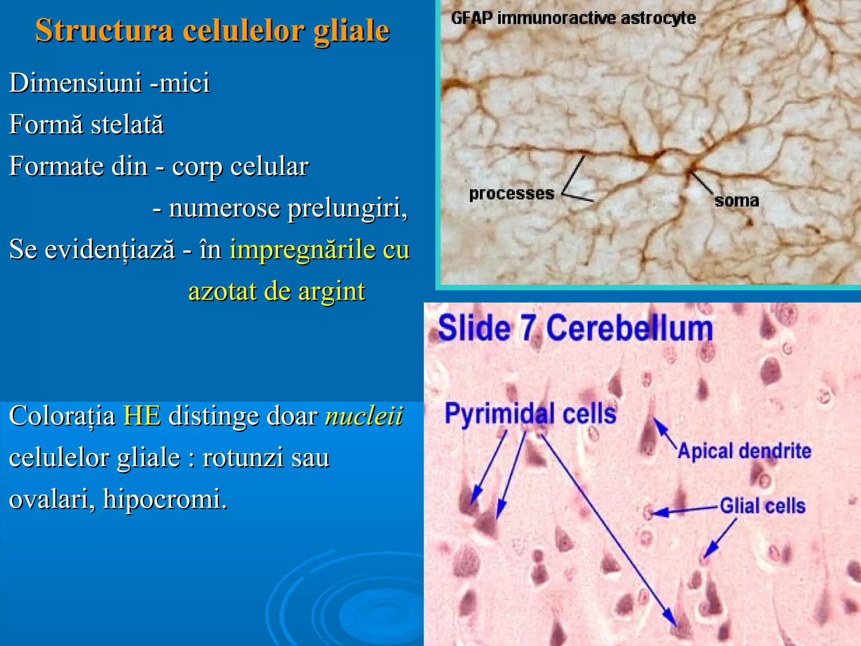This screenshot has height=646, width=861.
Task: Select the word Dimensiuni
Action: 75,82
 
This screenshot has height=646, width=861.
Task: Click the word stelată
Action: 127,125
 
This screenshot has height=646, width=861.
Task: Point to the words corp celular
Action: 240,167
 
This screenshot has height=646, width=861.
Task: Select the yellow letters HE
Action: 142,416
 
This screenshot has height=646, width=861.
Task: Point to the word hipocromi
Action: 164,499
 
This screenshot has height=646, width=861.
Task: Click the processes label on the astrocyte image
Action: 512,194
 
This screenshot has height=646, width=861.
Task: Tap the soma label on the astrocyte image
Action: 737,201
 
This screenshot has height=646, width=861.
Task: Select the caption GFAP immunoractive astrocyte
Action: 573,19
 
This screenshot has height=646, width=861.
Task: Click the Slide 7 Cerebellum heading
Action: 575,328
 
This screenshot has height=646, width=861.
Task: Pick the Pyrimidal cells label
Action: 530,413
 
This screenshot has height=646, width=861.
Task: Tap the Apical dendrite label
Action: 744,451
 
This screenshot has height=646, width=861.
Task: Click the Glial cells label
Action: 763,506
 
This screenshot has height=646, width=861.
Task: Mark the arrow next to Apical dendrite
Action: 665,433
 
